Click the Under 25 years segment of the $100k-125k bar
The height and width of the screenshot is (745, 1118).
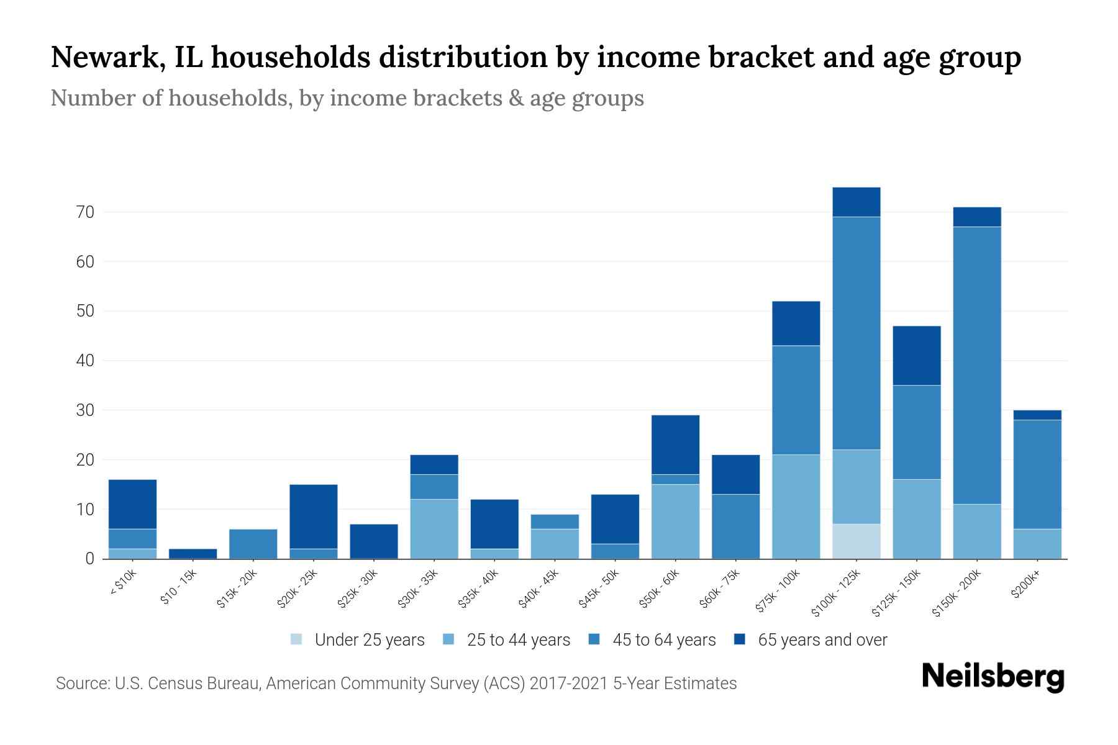click(x=856, y=541)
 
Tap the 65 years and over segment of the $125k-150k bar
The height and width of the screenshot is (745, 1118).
click(x=916, y=355)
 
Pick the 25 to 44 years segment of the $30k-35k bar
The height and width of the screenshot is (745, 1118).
click(x=434, y=528)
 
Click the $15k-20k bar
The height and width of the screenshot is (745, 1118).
click(x=253, y=543)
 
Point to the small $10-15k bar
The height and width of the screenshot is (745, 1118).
click(x=193, y=553)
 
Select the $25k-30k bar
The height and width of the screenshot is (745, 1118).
click(x=374, y=541)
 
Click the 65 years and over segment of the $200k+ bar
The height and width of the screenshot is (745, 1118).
click(x=1037, y=415)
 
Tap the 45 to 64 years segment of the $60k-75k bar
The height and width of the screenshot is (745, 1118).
click(x=735, y=526)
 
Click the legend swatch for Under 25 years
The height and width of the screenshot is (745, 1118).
click(x=296, y=639)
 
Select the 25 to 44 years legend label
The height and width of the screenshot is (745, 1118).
click(x=518, y=639)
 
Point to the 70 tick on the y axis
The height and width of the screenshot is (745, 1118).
click(x=85, y=212)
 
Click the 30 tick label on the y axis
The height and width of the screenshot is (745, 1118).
click(x=85, y=410)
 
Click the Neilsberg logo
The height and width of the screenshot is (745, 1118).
click(x=993, y=677)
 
